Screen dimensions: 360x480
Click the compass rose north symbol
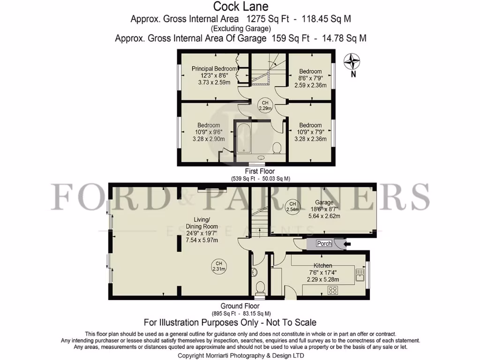tap(352, 62)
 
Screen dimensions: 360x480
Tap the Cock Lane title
tap(241, 7)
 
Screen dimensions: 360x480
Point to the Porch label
tap(324, 244)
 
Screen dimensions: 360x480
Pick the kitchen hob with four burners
tap(333, 290)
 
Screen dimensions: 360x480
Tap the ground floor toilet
tap(259, 286)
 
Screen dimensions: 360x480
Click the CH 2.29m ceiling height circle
tap(265, 105)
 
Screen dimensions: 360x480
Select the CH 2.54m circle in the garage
tap(292, 207)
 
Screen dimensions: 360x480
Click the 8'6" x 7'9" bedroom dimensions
tap(310, 79)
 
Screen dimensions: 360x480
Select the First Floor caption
tap(260, 172)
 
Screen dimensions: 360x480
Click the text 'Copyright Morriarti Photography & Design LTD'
tap(240, 356)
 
